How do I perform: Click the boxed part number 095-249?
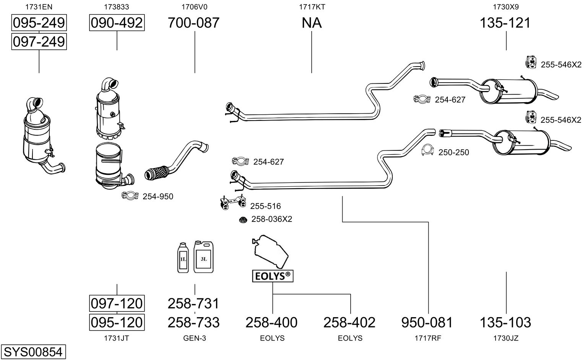click(x=39, y=23)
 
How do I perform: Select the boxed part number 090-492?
click(x=117, y=23)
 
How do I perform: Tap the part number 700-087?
click(x=194, y=23)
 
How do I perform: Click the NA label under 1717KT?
click(x=312, y=23)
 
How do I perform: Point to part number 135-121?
click(x=505, y=23)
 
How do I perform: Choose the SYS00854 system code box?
click(x=33, y=352)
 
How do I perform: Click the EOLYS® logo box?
click(x=273, y=276)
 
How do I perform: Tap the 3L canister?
click(x=203, y=257)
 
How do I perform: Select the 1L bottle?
click(x=183, y=258)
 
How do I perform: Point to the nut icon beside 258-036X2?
click(x=242, y=220)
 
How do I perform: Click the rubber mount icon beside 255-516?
click(x=232, y=203)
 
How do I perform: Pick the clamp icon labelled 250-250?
click(x=428, y=150)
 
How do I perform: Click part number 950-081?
click(x=427, y=323)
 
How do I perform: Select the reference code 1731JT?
click(x=116, y=338)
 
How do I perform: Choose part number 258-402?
click(x=349, y=323)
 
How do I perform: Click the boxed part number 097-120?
click(x=117, y=303)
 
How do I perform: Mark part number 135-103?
click(x=505, y=323)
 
